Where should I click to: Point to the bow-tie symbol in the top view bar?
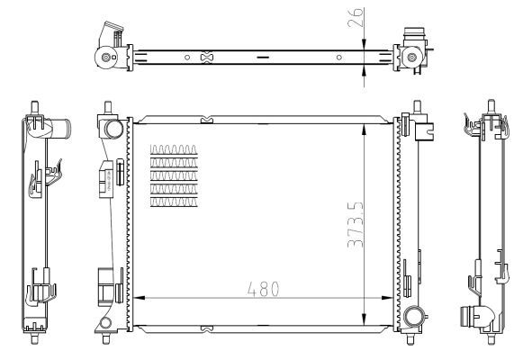coord(208,58)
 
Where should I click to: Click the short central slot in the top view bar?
coord(262,58)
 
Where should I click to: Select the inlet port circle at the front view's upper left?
coord(113,128)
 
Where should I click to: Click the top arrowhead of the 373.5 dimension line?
coord(363,123)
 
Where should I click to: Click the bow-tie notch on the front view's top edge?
coord(208,116)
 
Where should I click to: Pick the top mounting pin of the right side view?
coord(491,103)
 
